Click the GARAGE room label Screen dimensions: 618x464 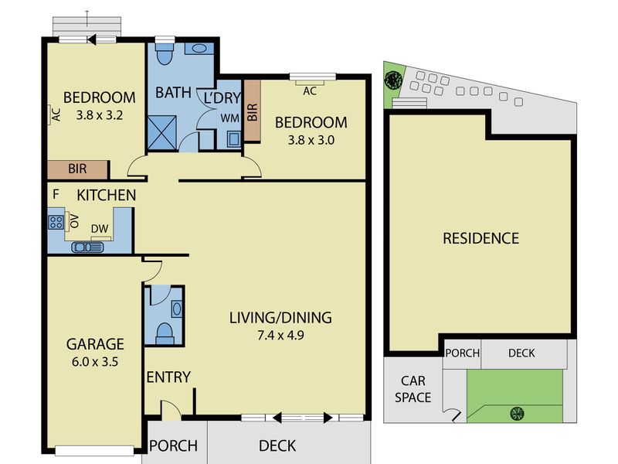click(x=95, y=344)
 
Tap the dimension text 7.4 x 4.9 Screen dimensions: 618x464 click(x=280, y=336)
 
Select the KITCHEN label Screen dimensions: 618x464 click(x=106, y=195)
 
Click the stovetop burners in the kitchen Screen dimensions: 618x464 click(x=56, y=222)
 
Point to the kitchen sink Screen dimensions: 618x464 click(x=87, y=247)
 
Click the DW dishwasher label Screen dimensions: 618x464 click(x=100, y=229)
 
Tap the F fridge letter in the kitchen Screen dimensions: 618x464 click(x=56, y=194)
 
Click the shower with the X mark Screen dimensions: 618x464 click(x=162, y=132)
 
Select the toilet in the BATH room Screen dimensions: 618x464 click(x=164, y=53)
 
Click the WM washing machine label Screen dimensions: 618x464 click(x=229, y=118)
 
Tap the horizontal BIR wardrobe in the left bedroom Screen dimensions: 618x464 click(x=78, y=169)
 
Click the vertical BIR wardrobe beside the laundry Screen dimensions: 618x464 click(x=253, y=111)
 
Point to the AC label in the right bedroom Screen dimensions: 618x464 click(x=310, y=91)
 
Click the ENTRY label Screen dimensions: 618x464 click(x=168, y=377)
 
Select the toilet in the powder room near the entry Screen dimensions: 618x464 click(x=165, y=333)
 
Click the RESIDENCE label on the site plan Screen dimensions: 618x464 click(x=480, y=238)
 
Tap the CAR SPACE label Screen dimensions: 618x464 click(x=413, y=389)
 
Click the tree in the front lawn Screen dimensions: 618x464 click(x=517, y=414)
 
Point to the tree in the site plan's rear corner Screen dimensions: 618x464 click(x=393, y=80)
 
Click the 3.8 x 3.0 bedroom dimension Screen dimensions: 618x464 click(x=311, y=141)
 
